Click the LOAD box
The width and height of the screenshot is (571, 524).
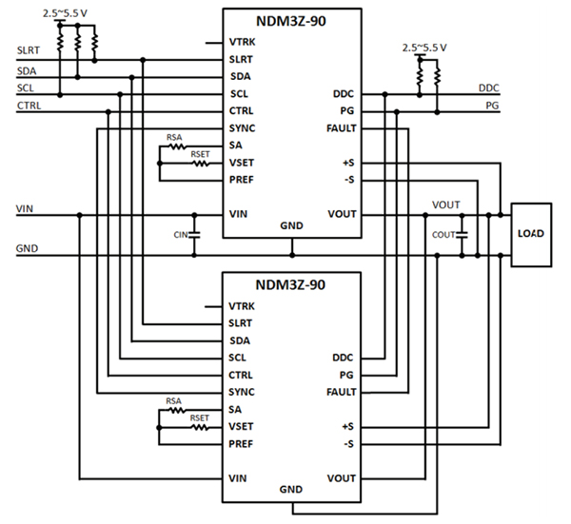pyautogui.click(x=530, y=232)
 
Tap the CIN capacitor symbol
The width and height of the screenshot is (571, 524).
pyautogui.click(x=195, y=234)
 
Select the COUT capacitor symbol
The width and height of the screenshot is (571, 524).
pyautogui.click(x=462, y=234)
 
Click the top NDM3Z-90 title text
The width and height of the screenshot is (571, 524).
pyautogui.click(x=291, y=21)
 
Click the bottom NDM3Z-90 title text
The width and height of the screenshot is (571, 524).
pyautogui.click(x=291, y=284)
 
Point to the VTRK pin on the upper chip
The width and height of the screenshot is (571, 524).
pyautogui.click(x=242, y=43)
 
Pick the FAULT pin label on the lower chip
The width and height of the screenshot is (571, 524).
pyautogui.click(x=339, y=392)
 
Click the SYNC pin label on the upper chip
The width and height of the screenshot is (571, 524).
pyautogui.click(x=242, y=128)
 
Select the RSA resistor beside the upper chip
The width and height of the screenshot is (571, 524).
pyautogui.click(x=175, y=146)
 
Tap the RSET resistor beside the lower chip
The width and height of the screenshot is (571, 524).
pyautogui.click(x=200, y=426)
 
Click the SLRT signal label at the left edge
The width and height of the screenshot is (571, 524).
pyautogui.click(x=29, y=49)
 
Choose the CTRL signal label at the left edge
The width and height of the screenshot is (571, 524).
pyautogui.click(x=29, y=106)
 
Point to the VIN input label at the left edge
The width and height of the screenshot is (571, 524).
pyautogui.click(x=26, y=207)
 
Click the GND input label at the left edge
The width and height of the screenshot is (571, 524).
pyautogui.click(x=28, y=250)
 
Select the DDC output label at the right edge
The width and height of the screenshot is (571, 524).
pyautogui.click(x=489, y=87)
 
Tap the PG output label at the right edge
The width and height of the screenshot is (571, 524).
pyautogui.click(x=492, y=106)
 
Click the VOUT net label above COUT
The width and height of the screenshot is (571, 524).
pyautogui.click(x=445, y=204)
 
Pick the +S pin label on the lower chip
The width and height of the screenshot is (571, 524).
pyautogui.click(x=348, y=426)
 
